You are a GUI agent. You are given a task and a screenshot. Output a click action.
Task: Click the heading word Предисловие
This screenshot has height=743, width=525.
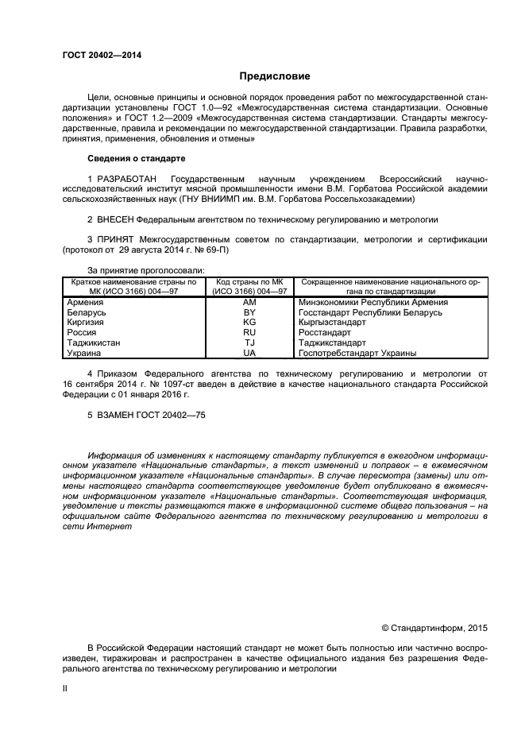point(275,76)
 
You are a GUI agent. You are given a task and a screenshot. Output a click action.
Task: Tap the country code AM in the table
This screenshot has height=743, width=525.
point(249,303)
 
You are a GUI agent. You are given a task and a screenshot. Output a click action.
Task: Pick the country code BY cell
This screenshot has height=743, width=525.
point(249,313)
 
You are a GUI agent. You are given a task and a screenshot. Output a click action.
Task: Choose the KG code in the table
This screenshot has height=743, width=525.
point(249,323)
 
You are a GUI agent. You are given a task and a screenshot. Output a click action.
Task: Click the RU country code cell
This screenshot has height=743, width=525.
point(249,333)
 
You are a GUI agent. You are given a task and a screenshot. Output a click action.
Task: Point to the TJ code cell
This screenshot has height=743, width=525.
point(249,343)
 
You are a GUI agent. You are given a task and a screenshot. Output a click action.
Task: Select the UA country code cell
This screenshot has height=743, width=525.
point(249,353)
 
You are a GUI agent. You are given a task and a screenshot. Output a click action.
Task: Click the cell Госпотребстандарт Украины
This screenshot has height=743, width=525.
point(357,353)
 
